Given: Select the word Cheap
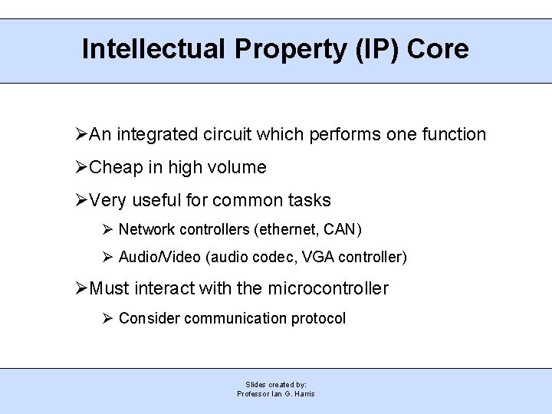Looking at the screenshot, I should [115, 167].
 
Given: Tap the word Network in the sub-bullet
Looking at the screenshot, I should [146, 229].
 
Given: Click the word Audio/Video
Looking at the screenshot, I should [159, 257].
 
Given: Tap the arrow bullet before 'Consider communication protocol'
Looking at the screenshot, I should [108, 318].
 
